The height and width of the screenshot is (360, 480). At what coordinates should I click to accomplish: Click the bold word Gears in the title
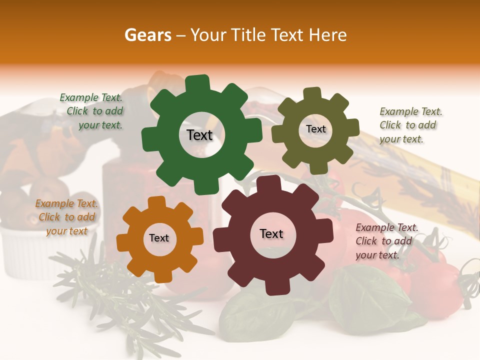tap(147, 35)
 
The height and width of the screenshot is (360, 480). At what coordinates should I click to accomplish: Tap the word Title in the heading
tap(250, 35)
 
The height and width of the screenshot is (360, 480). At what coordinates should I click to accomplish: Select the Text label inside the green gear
tap(199, 135)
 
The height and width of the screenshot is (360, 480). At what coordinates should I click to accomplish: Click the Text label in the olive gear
tap(315, 129)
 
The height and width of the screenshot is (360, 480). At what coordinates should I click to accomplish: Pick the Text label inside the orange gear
tap(159, 238)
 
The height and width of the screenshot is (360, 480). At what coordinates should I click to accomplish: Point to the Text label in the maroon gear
tap(271, 234)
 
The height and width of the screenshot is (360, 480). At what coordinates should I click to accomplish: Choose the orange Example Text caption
tap(66, 217)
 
